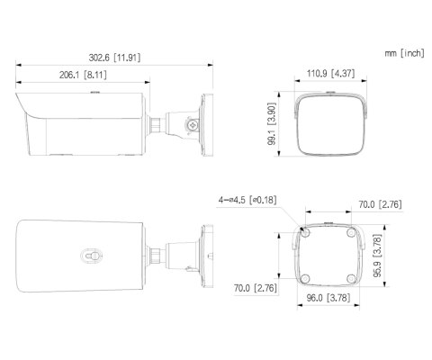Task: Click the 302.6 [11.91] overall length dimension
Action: point(114,58)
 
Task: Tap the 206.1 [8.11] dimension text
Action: point(83,75)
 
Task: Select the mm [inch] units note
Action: point(405,53)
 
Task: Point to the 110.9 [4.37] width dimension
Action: point(330,73)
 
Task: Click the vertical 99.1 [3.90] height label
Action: point(272,124)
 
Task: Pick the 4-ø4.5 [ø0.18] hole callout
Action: point(247,200)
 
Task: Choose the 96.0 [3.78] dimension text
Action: point(328,298)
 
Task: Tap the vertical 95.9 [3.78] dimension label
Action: point(377,256)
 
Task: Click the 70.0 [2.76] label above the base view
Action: point(380,204)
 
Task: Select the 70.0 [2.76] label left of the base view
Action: point(256,288)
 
